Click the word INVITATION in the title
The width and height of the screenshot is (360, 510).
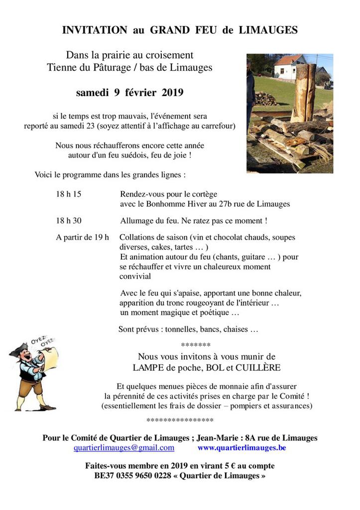(95, 30)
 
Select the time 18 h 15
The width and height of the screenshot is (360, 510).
(68, 194)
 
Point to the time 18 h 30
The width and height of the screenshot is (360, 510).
(68, 221)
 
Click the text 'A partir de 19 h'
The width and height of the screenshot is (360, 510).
(82, 237)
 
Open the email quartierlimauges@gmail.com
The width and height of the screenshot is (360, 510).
(124, 448)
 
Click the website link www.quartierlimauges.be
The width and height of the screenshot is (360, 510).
(241, 448)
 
